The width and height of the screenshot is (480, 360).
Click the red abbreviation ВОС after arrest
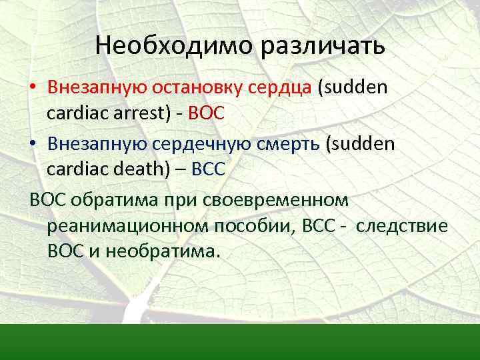tap(206, 114)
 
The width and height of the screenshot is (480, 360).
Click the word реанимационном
tap(128, 227)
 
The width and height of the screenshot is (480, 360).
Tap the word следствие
tap(401, 227)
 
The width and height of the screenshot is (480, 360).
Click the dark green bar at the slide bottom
tap(240, 342)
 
